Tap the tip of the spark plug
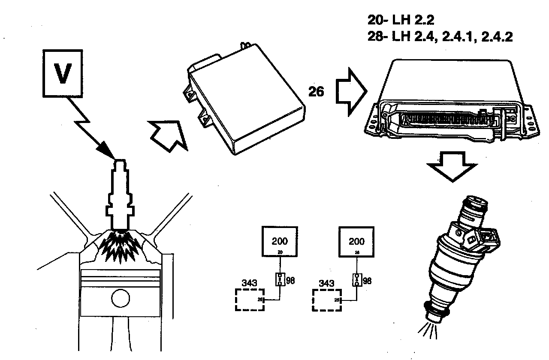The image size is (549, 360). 119,163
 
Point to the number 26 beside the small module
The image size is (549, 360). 317,91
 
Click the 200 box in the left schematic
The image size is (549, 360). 280,242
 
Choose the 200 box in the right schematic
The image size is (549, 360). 357,242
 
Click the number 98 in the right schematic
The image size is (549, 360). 367,281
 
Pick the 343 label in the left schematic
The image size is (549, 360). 249,283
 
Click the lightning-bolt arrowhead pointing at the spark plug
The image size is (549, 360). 107,150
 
